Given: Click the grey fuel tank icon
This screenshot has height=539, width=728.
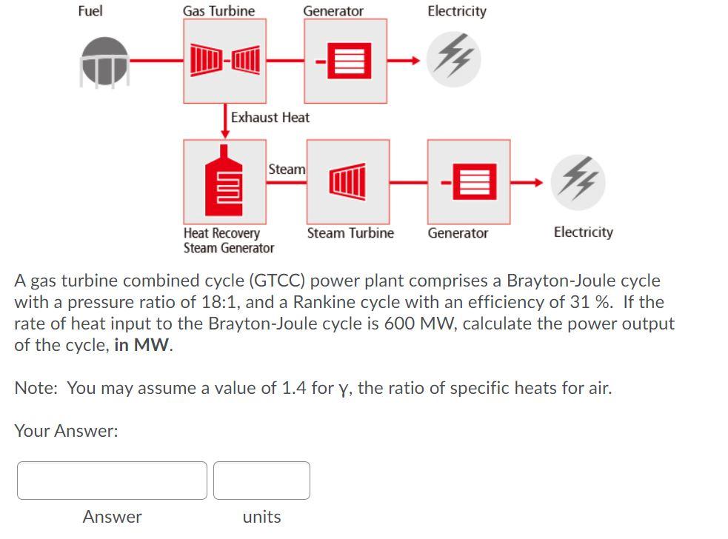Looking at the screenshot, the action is [x=104, y=62].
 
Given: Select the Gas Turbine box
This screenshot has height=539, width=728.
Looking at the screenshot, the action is [x=225, y=61].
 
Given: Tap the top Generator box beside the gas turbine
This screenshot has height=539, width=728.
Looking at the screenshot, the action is [x=346, y=61].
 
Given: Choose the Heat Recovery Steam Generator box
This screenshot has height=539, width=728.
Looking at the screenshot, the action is [x=225, y=182].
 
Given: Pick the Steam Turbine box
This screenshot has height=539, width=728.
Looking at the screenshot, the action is [x=347, y=182].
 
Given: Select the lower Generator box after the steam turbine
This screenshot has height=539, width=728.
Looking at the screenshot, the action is [x=468, y=182].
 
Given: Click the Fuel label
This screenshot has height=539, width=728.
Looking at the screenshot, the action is [x=90, y=11].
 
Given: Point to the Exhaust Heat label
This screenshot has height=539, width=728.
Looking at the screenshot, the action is [x=270, y=117].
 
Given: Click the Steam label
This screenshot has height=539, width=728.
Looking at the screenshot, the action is [x=287, y=169].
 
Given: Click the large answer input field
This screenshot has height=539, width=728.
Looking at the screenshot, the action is [x=112, y=481].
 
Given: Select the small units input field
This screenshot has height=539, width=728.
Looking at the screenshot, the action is [x=261, y=481].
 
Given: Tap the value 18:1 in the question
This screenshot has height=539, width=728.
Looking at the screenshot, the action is [x=219, y=302].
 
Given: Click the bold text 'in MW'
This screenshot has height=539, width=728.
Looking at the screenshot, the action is [x=142, y=345].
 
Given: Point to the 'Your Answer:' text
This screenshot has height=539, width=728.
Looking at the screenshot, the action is [x=66, y=431].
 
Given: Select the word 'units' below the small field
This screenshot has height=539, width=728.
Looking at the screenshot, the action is [x=261, y=516].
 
